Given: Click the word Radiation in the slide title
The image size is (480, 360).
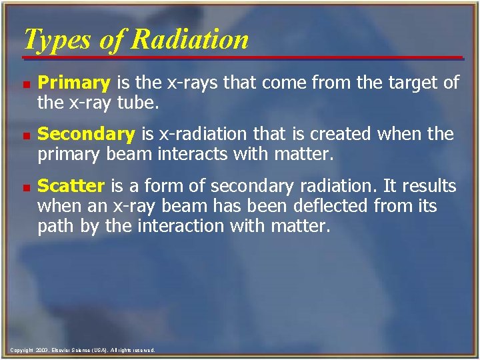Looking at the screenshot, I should tap(189, 39).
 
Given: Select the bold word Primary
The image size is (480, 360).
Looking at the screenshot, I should tap(74, 83).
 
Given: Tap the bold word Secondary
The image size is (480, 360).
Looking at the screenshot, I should tap(86, 134).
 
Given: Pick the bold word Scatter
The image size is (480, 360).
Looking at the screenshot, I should tap(71, 185).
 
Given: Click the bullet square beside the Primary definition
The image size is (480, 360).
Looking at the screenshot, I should tap(25, 84).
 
